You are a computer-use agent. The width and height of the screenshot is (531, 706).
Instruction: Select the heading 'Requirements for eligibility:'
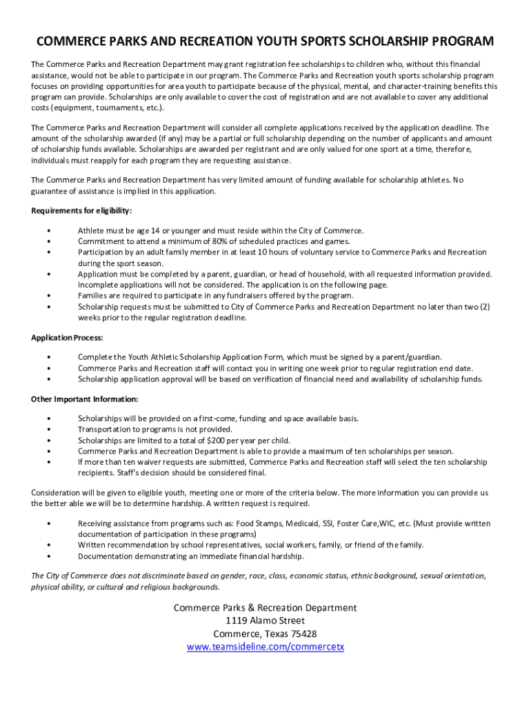point(81,210)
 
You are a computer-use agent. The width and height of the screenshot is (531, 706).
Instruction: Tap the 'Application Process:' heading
point(67,338)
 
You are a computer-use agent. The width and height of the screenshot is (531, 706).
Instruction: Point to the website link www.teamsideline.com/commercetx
point(265,647)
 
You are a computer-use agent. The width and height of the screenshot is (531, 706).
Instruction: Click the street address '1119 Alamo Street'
point(265,621)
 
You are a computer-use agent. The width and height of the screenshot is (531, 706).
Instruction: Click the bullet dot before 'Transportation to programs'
point(48,430)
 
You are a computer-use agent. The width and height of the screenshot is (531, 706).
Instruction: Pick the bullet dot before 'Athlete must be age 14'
point(48,230)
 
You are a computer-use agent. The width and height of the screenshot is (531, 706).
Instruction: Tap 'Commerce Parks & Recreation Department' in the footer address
point(265,607)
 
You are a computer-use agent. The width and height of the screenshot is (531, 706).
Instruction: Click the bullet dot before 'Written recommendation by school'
point(48,545)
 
